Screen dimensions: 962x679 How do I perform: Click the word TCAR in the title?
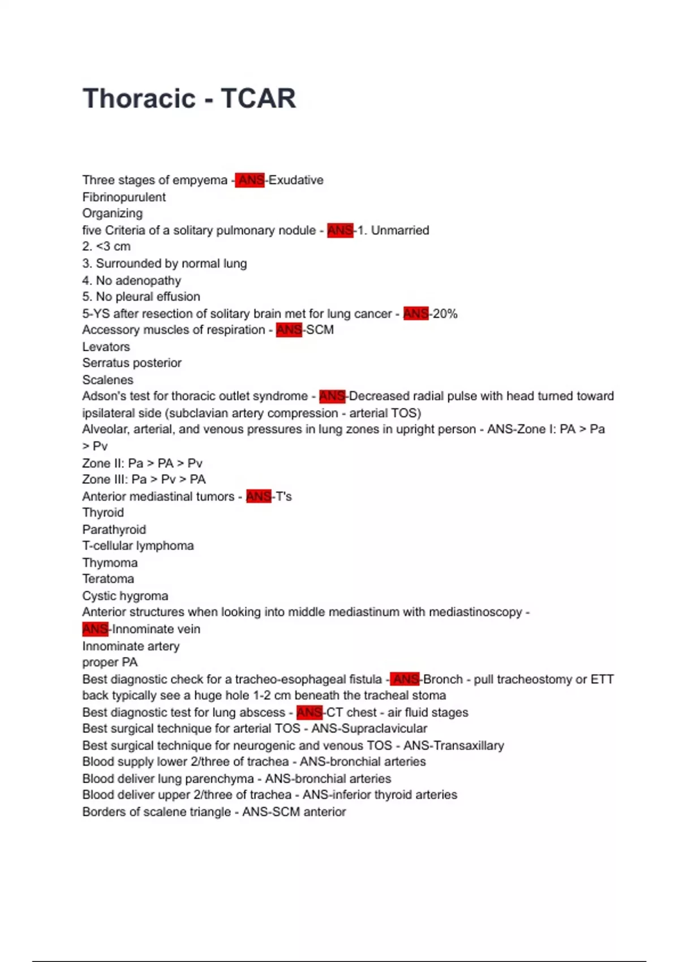258,98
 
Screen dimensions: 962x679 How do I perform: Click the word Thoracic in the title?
139,98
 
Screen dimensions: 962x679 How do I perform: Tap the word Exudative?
296,180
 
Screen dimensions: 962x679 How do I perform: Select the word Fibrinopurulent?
124,197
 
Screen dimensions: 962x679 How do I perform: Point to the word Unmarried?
400,230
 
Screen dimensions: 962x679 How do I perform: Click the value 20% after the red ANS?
445,313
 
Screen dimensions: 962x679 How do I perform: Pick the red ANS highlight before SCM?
289,330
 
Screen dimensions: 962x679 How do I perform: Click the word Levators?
106,346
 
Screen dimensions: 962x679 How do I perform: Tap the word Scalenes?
108,380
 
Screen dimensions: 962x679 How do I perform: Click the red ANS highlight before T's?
259,496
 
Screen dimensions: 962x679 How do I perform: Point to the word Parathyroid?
114,530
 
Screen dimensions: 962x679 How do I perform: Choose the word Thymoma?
110,562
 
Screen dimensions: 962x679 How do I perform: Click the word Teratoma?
108,579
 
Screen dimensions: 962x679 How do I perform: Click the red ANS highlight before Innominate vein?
95,629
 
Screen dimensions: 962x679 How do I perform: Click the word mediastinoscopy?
475,612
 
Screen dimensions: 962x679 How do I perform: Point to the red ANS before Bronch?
405,679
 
